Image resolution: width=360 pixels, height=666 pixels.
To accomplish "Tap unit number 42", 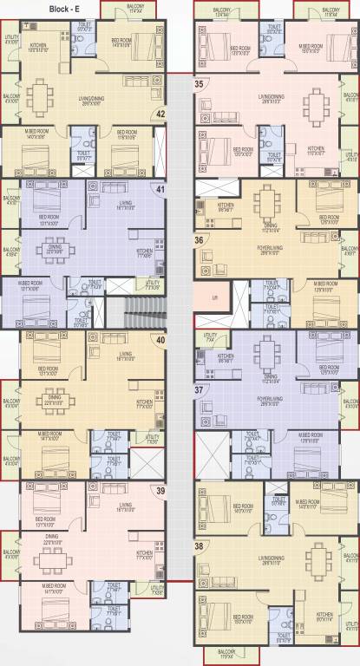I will click(160, 113).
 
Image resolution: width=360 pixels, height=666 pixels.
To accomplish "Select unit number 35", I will click(200, 85).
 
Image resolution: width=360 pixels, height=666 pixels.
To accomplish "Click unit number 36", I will click(200, 240).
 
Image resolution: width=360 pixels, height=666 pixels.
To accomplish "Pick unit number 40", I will click(160, 340).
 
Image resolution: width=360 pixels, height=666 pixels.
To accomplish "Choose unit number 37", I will click(200, 391).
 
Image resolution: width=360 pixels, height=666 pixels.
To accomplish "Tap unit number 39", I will click(160, 491).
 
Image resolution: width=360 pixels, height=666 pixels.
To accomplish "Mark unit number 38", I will click(200, 546).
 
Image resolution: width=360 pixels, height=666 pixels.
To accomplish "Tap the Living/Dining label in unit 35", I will click(267, 97).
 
